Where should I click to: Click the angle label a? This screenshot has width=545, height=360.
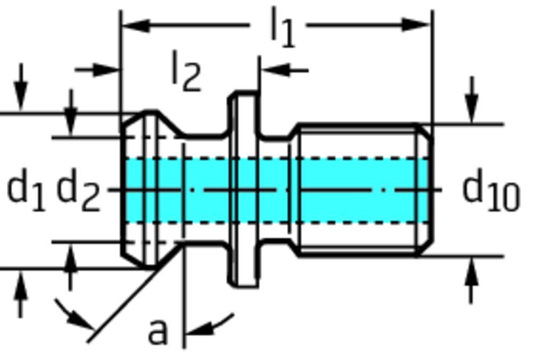coord(157,331)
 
